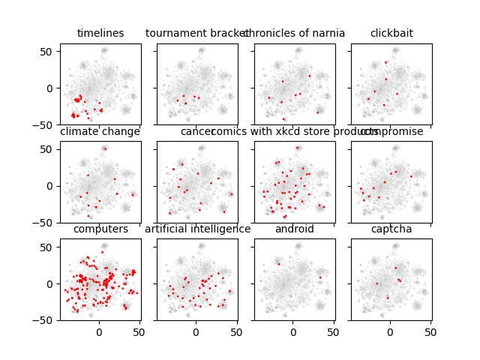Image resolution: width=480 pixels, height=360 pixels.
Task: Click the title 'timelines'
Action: (x=100, y=33)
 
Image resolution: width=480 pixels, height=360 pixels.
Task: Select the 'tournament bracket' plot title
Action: (x=197, y=33)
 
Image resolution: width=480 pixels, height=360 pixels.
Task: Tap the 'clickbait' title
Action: (x=391, y=33)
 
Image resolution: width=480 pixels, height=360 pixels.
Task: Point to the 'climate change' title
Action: (x=100, y=132)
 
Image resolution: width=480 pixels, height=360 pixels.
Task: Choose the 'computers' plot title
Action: (x=100, y=229)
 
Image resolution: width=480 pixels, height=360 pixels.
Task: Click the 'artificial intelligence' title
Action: (x=197, y=229)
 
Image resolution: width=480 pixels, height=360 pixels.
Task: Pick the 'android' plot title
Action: (x=295, y=229)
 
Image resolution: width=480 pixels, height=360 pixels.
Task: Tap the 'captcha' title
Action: (x=391, y=229)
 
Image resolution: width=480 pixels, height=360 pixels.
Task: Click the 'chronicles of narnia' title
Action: (x=295, y=33)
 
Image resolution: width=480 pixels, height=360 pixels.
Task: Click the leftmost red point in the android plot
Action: (x=279, y=263)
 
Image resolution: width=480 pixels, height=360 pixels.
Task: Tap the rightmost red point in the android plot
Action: (x=320, y=277)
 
